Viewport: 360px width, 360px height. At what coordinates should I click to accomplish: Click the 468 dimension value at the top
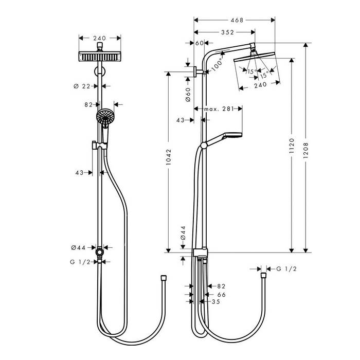click(x=237, y=20)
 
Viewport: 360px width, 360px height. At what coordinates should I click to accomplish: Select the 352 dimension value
click(x=227, y=32)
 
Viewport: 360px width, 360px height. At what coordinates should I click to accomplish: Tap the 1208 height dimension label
click(x=305, y=150)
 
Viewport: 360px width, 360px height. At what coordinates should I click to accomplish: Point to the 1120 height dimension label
click(x=292, y=146)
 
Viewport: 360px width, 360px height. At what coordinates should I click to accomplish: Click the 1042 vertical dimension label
click(x=169, y=157)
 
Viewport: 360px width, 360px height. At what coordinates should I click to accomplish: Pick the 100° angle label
click(x=217, y=64)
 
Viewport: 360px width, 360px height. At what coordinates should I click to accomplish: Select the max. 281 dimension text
click(x=219, y=109)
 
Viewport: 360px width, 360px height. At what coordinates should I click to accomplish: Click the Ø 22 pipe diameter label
click(x=82, y=86)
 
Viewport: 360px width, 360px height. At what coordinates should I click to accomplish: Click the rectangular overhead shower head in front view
click(x=100, y=57)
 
